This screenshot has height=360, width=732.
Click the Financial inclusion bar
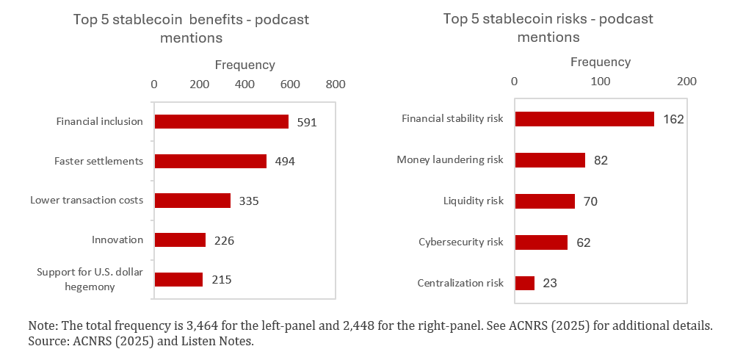point(221,122)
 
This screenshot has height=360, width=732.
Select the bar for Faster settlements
point(210,161)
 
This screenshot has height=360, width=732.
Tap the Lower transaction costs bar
point(192,201)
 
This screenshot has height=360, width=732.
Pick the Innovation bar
point(180,240)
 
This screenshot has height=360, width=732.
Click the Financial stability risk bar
point(584,119)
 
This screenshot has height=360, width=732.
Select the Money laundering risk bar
point(550,160)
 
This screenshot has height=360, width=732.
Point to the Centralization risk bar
point(525,283)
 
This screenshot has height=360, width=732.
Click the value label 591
point(307,123)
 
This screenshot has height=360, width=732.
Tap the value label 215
point(221,280)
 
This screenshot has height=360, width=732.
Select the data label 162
point(673,119)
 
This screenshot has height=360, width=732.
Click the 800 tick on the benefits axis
point(336,84)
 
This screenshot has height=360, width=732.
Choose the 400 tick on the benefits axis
point(244,84)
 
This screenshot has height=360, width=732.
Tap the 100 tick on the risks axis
point(601,81)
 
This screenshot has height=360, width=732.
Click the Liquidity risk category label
point(474,201)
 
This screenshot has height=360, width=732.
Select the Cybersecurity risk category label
point(461,242)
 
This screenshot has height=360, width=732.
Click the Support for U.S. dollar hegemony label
point(90,280)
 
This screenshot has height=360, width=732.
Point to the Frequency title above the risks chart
point(601,62)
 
